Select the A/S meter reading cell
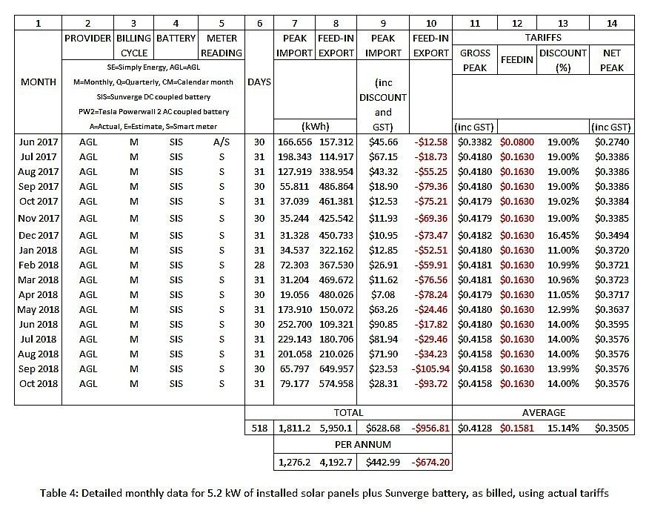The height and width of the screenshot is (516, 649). pos(222,142)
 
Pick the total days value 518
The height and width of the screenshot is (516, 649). pos(259,428)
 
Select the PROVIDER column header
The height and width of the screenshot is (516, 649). pos(87,38)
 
